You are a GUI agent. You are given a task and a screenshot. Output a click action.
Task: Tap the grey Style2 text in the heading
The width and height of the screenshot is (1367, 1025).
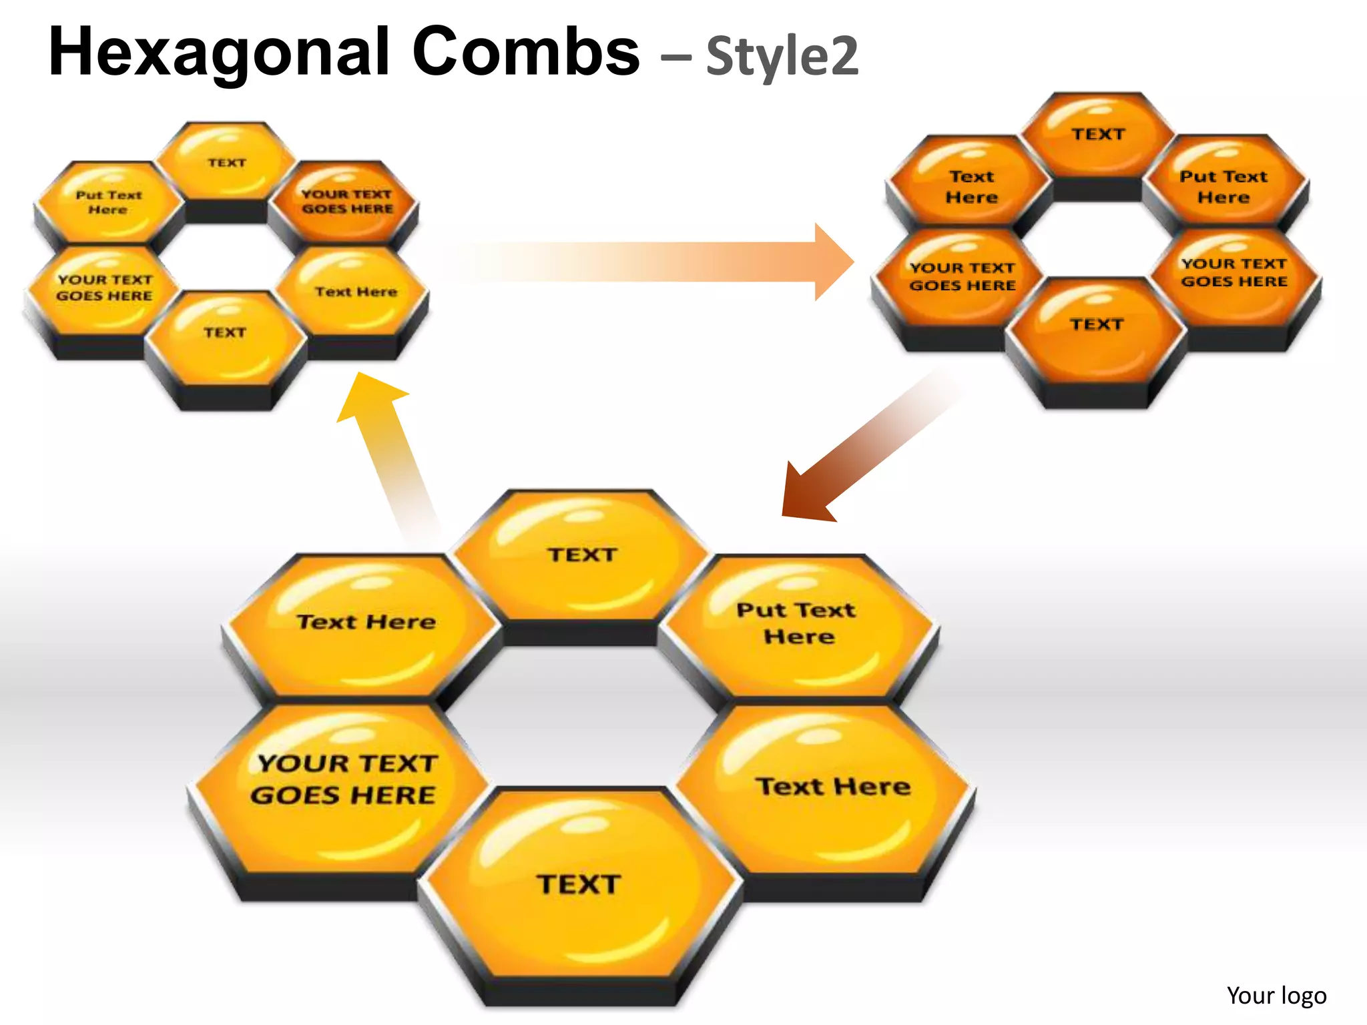782,56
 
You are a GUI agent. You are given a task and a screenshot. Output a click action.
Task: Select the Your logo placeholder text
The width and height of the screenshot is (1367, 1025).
1276,995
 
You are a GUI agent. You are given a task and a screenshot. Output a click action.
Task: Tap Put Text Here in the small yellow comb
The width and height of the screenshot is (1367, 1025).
109,202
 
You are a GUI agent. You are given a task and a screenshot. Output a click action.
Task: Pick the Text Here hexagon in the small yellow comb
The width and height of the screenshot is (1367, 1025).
355,292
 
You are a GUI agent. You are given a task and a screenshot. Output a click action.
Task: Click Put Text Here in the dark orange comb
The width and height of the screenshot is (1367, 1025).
1223,187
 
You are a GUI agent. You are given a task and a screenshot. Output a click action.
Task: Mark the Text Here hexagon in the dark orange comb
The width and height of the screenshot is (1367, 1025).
971,187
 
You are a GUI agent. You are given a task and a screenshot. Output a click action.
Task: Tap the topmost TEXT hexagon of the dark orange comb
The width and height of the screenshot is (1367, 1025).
1098,135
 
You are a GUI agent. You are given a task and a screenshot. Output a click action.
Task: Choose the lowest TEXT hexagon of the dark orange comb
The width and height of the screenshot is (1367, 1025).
1097,325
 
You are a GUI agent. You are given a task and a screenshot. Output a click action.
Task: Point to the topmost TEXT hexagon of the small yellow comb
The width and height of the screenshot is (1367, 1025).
227,163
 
